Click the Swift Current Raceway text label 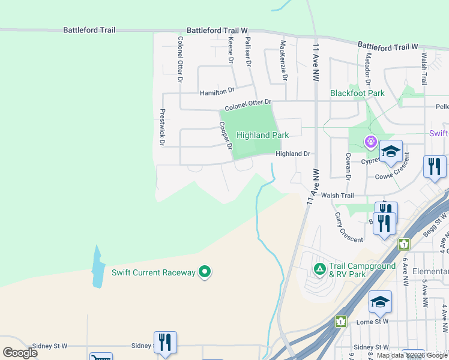(x=154, y=272)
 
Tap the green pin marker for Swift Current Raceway (x=205, y=272)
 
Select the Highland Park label (x=263, y=135)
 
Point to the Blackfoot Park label (x=357, y=93)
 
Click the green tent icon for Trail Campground (x=320, y=267)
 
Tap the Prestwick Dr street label (x=161, y=127)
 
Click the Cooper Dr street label (x=225, y=136)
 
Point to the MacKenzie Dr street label (x=284, y=61)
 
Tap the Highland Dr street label (x=292, y=154)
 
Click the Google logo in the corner (x=20, y=352)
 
